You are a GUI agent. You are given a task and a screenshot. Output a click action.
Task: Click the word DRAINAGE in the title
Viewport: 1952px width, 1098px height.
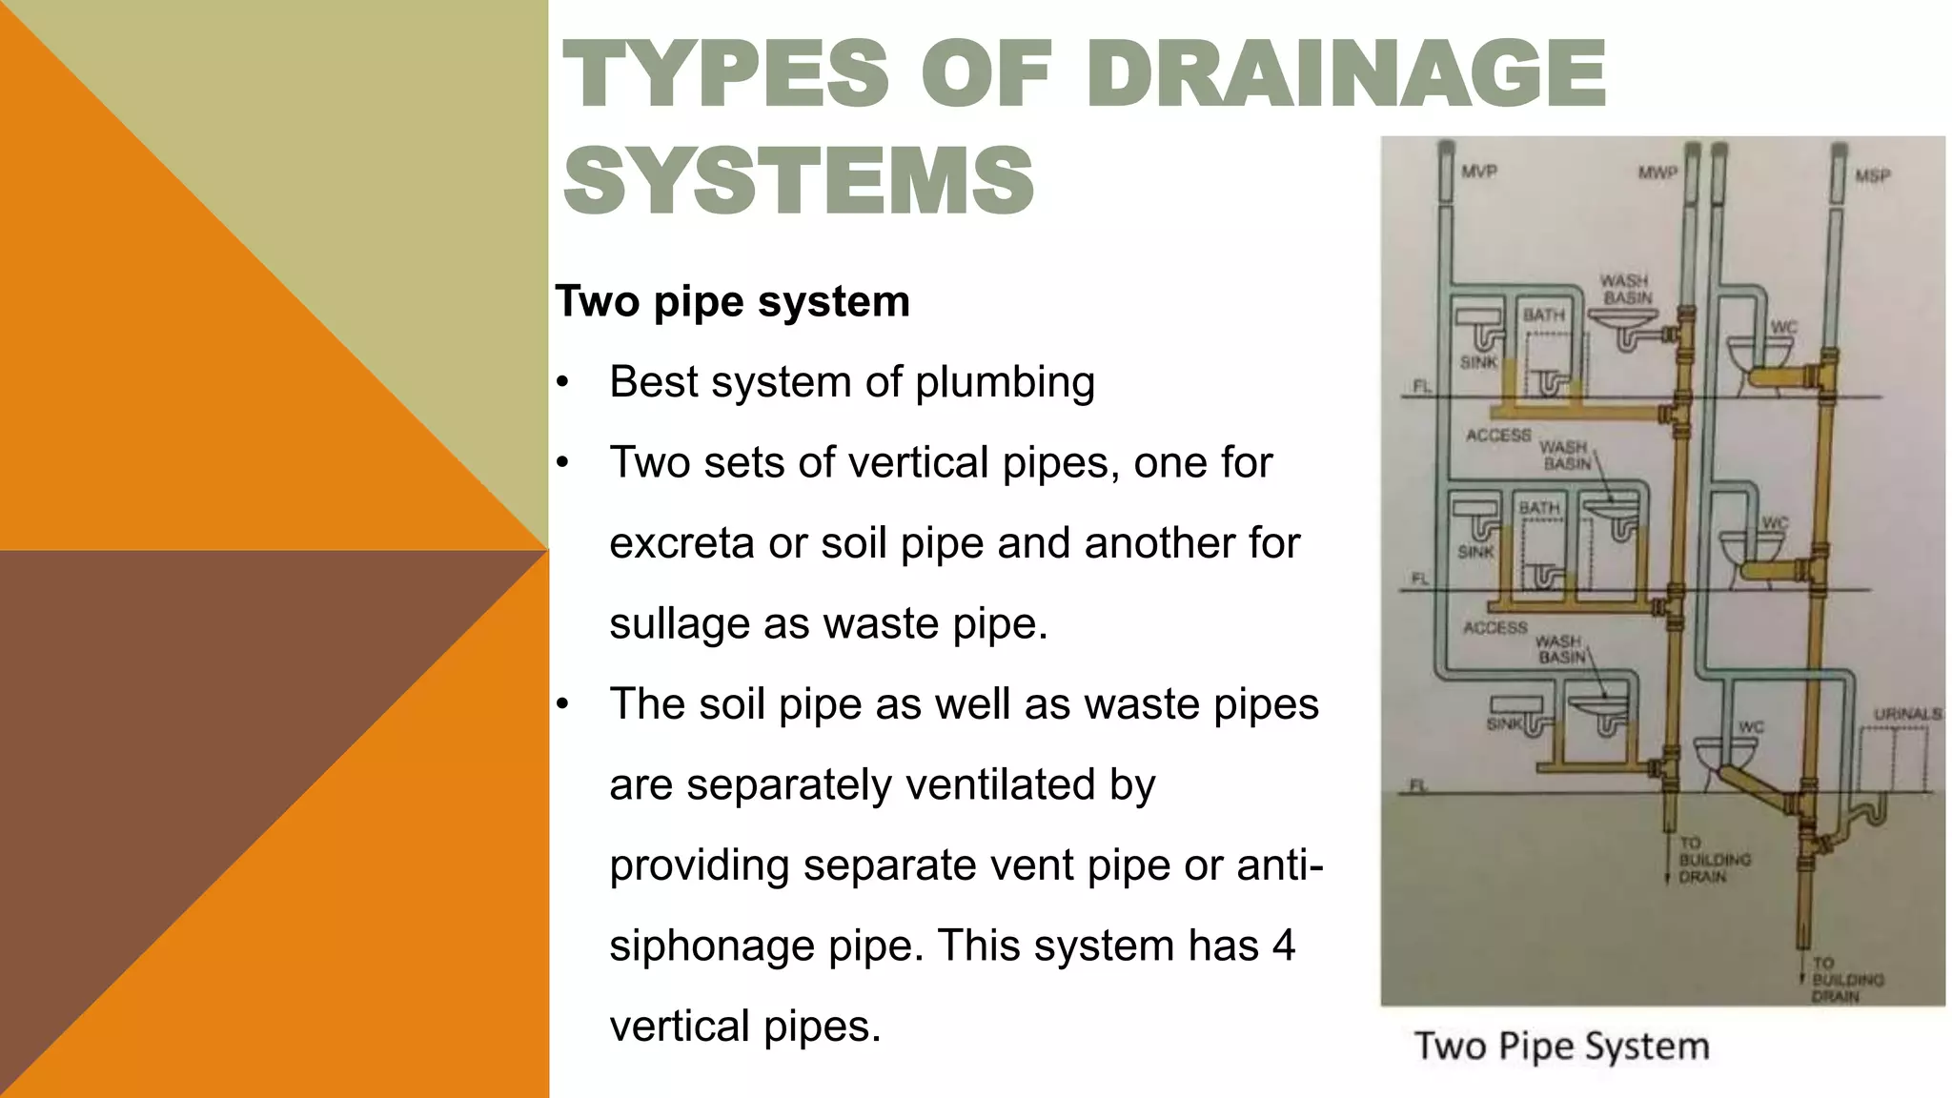click(1346, 73)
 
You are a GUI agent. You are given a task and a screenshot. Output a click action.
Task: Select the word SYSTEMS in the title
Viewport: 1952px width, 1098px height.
click(799, 180)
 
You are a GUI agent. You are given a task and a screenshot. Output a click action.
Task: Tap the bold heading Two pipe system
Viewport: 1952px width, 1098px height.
click(732, 301)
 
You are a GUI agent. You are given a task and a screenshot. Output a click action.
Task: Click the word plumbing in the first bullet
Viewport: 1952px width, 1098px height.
click(1005, 382)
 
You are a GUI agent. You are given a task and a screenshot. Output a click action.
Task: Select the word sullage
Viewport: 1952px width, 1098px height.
click(679, 624)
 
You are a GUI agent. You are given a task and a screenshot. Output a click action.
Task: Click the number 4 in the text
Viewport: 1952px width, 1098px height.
click(1283, 945)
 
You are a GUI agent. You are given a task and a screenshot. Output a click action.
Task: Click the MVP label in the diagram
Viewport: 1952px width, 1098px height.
click(1479, 172)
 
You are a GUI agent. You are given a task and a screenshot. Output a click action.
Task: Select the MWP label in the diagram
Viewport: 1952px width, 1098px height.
click(1657, 173)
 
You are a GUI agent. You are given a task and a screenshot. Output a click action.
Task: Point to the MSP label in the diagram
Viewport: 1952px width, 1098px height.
click(1872, 175)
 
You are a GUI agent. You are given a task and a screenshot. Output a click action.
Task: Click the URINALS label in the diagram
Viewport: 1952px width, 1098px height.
click(1907, 714)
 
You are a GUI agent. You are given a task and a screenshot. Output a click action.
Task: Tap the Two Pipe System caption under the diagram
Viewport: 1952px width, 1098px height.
click(1561, 1046)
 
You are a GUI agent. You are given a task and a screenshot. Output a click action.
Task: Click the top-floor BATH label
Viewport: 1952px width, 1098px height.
click(1543, 315)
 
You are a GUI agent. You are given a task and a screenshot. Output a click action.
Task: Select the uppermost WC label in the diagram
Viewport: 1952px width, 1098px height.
click(1783, 327)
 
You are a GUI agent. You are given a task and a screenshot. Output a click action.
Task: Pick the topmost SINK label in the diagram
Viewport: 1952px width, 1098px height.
click(1478, 362)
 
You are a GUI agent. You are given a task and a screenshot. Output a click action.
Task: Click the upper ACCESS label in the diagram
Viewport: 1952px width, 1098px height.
click(1498, 436)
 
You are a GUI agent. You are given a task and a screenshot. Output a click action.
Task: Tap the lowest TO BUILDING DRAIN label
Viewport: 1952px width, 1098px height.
click(1835, 980)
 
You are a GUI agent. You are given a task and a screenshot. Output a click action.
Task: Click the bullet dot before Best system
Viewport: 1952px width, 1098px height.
click(563, 383)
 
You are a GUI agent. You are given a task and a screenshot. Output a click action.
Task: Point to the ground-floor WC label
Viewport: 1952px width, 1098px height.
click(1751, 727)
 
